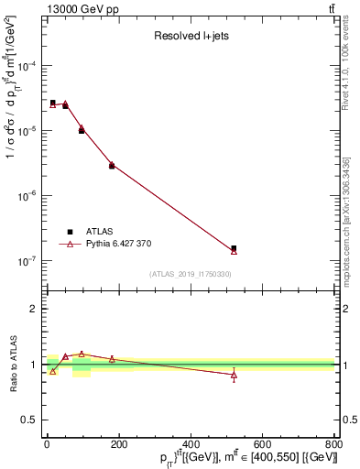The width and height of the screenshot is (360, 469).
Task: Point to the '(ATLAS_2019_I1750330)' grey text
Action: pyautogui.click(x=191, y=274)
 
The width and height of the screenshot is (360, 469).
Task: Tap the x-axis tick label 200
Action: pyautogui.click(x=191, y=445)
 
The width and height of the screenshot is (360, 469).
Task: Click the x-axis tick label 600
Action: pyautogui.click(x=263, y=445)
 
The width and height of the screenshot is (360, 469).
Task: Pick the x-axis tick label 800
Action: pyautogui.click(x=333, y=445)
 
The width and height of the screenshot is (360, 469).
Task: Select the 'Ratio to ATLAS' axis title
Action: pyautogui.click(x=14, y=365)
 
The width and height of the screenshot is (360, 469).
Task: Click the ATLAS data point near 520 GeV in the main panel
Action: pyautogui.click(x=234, y=248)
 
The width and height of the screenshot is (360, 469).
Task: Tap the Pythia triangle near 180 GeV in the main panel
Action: pyautogui.click(x=112, y=165)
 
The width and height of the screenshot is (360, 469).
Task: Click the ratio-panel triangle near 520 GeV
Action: pyautogui.click(x=234, y=375)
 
